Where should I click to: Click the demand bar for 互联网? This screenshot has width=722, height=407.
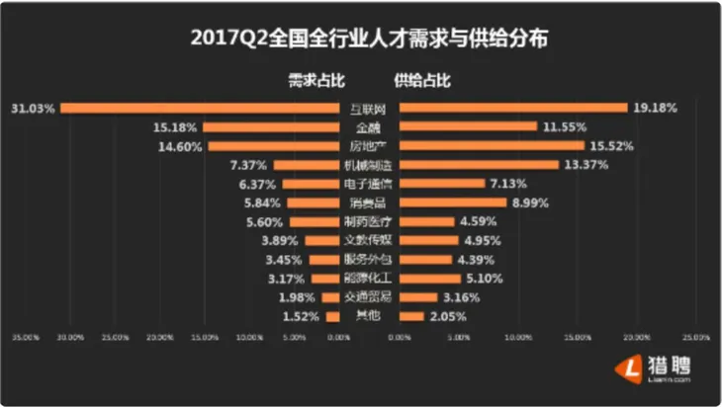pyautogui.click(x=199, y=107)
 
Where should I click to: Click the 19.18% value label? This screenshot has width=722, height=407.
pyautogui.click(x=655, y=107)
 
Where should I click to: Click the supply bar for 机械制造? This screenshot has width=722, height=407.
pyautogui.click(x=466, y=164)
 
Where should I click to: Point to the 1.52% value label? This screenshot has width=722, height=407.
pyautogui.click(x=303, y=316)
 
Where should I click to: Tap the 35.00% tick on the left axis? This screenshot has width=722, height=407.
pyautogui.click(x=25, y=338)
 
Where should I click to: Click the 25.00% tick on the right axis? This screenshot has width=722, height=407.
pyautogui.click(x=696, y=338)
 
